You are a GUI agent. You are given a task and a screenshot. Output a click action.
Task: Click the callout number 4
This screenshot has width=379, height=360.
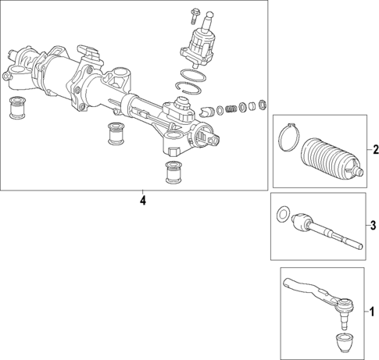141,201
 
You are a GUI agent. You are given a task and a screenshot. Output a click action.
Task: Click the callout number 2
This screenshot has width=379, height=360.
375,150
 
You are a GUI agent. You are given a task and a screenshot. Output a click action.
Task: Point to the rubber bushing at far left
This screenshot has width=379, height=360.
16,109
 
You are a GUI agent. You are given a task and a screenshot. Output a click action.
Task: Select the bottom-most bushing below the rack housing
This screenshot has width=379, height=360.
172,172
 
